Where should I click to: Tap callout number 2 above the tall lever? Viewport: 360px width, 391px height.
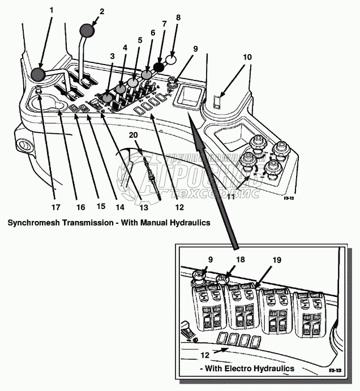coord(102,11)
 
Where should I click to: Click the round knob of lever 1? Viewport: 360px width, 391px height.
coord(38,74)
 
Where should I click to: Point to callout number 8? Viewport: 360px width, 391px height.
coord(178,17)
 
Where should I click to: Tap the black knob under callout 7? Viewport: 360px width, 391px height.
coord(159,67)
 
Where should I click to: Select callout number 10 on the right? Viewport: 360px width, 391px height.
coord(247,57)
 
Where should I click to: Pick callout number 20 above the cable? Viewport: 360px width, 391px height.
coord(133,135)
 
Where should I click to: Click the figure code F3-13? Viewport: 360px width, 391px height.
coord(335,370)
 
